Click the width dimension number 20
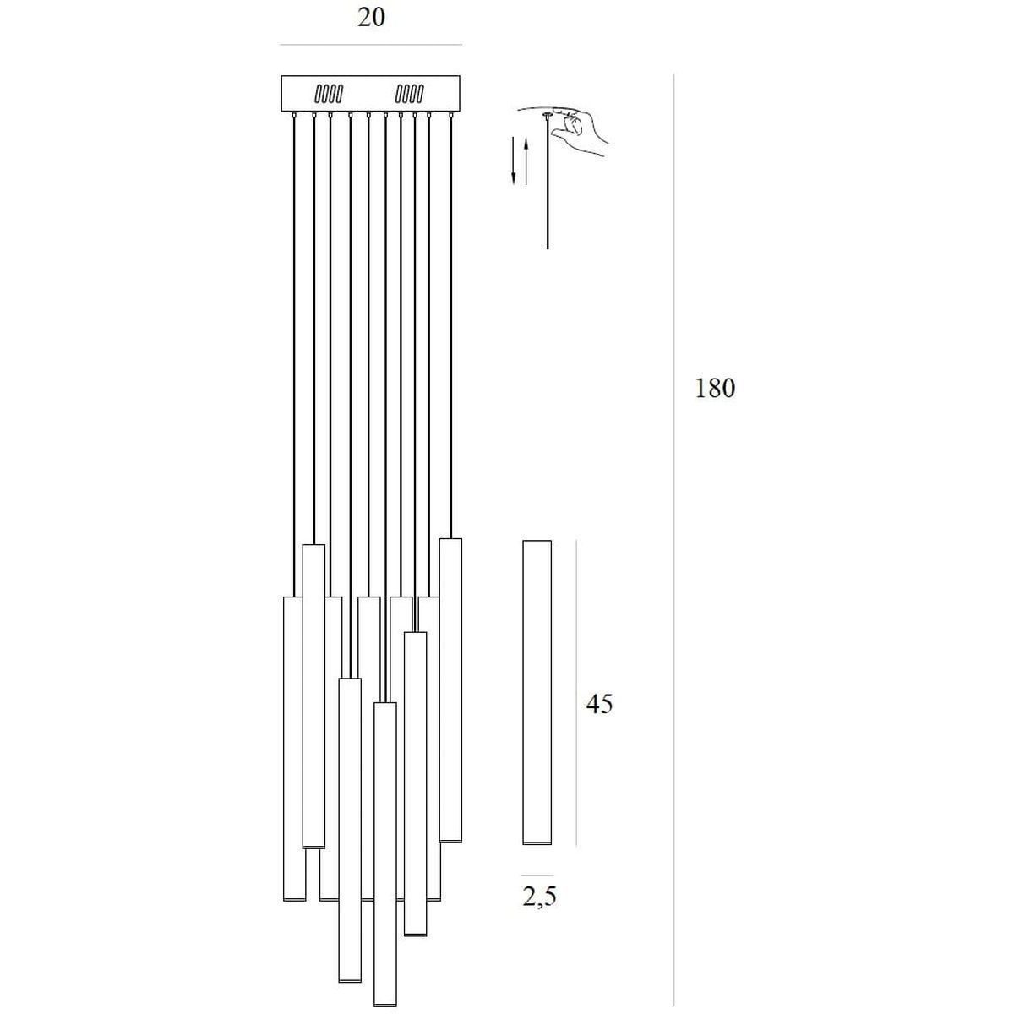pos(371,18)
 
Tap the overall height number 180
pos(715,389)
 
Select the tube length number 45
pos(599,704)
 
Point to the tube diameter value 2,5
pos(539,897)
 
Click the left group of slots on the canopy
pos(329,94)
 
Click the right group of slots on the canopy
pos(409,94)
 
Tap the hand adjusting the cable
pos(579,129)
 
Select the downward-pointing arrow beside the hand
pos(514,160)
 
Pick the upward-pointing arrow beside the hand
pos(526,160)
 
